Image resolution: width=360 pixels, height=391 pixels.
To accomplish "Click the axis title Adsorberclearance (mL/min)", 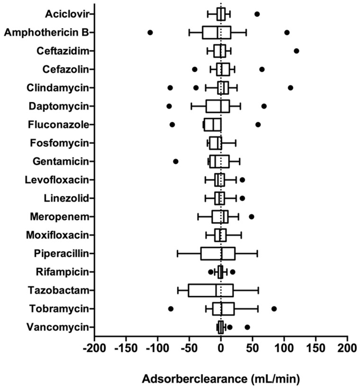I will pyautogui.click(x=221, y=379).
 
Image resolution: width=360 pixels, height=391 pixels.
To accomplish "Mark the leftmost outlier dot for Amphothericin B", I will pyautogui.click(x=150, y=32).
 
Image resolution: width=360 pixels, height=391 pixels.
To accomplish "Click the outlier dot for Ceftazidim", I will pyautogui.click(x=297, y=51).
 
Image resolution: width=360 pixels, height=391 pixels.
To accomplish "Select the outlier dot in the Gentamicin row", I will pyautogui.click(x=176, y=161).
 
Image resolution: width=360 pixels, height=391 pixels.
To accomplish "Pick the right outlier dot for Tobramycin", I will pyautogui.click(x=274, y=309).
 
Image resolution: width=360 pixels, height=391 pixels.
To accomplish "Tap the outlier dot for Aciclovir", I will pyautogui.click(x=257, y=14).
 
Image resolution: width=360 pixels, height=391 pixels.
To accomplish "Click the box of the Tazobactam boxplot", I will pyautogui.click(x=211, y=290).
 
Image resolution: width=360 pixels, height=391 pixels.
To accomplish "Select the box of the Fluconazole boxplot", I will pyautogui.click(x=212, y=124).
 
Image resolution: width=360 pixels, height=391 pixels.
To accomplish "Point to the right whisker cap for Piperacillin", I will pyautogui.click(x=257, y=253).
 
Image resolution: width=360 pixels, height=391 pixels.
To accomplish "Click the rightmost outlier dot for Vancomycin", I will pyautogui.click(x=247, y=327).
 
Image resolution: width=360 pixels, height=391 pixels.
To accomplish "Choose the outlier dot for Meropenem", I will pyautogui.click(x=252, y=216).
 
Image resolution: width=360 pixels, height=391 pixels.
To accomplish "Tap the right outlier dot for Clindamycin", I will pyautogui.click(x=290, y=88).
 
